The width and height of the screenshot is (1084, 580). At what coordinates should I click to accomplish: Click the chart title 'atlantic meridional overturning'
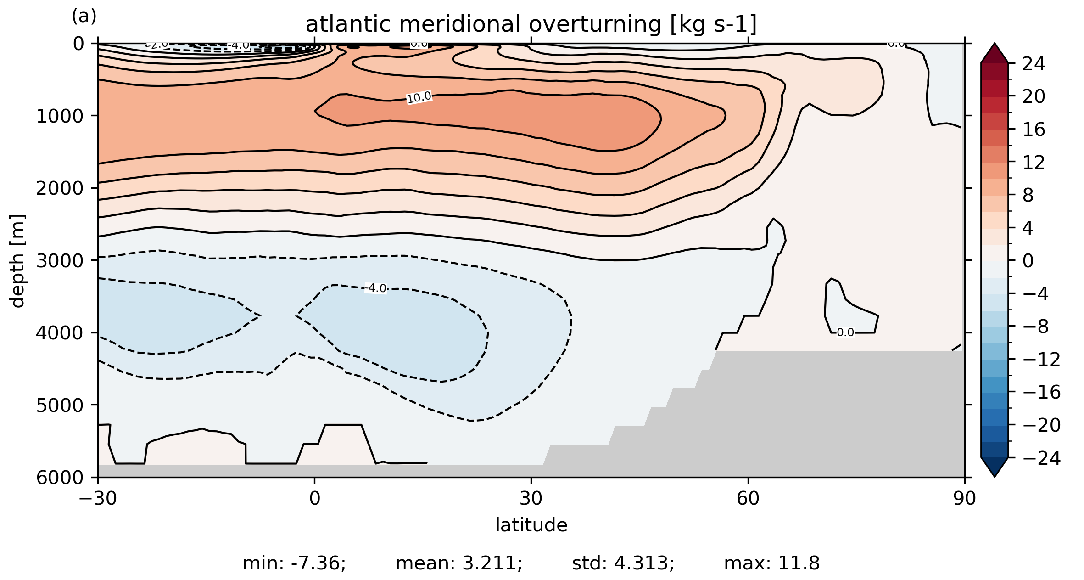(x=531, y=24)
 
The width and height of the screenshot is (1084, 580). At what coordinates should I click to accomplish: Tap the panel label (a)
(x=84, y=17)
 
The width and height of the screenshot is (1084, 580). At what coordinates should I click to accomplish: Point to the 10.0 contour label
(x=419, y=97)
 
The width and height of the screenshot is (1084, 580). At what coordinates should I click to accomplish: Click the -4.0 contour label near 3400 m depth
(x=376, y=288)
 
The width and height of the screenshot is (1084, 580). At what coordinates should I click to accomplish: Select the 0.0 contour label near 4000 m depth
(x=845, y=332)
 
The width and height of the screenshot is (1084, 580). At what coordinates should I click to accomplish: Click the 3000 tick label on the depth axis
(x=60, y=260)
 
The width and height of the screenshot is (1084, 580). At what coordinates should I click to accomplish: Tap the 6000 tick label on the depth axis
(x=60, y=477)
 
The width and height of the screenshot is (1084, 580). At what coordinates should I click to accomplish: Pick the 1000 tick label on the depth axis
(x=60, y=116)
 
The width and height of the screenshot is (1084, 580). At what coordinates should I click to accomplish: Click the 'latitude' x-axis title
(x=531, y=525)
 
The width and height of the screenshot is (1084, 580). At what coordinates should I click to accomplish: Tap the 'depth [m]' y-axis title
(x=17, y=260)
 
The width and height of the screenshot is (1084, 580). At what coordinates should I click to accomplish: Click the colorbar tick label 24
(x=1034, y=64)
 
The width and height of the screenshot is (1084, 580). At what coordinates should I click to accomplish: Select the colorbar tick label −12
(x=1041, y=359)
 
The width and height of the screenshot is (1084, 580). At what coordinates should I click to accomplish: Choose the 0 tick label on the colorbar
(x=1028, y=261)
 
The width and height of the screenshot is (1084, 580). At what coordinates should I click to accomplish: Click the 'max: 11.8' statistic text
(x=771, y=563)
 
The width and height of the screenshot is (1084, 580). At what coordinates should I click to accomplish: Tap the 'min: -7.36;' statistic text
(x=294, y=563)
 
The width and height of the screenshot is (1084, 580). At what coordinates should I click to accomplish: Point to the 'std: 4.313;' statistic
(x=623, y=563)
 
